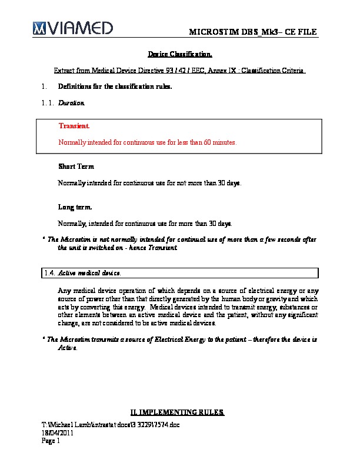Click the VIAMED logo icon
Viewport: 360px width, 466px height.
tap(39, 27)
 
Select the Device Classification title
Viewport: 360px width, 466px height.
tap(179, 55)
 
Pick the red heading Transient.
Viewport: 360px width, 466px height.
tap(74, 127)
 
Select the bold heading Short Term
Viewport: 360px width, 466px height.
tap(76, 167)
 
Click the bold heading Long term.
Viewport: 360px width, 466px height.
tap(75, 207)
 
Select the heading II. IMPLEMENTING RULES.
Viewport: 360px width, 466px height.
tap(176, 412)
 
